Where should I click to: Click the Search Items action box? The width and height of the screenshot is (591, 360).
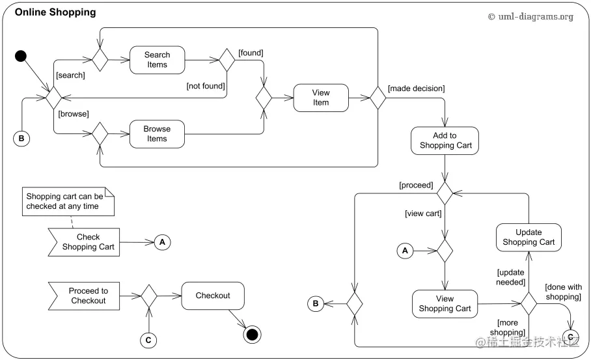tap(157, 60)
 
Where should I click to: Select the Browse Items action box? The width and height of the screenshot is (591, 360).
tap(157, 134)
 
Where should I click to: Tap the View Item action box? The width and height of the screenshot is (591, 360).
tap(321, 98)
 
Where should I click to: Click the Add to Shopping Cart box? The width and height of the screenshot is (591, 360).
tap(445, 141)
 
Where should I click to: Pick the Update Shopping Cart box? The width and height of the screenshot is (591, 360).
tap(529, 238)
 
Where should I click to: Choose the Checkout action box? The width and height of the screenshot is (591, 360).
tap(213, 296)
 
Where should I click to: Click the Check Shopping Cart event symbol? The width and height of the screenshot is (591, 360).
tap(84, 242)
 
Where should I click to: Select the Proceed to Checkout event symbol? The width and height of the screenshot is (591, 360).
tap(84, 296)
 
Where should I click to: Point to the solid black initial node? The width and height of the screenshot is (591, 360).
tap(21, 56)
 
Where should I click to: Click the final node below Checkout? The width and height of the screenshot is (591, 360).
tap(252, 335)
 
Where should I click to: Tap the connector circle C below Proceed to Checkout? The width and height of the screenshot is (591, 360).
tap(148, 340)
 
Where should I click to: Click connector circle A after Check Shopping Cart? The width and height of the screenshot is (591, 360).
tap(163, 242)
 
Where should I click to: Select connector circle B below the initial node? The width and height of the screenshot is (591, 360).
tap(21, 139)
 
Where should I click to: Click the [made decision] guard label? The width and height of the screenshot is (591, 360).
tap(417, 88)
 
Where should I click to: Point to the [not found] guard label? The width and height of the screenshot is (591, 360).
tap(206, 86)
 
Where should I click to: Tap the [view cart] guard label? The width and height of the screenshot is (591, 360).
tap(423, 214)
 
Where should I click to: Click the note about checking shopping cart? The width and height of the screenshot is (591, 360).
tap(68, 201)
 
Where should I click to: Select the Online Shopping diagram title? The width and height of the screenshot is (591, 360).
tap(55, 12)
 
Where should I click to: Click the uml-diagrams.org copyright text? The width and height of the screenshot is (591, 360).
tap(530, 16)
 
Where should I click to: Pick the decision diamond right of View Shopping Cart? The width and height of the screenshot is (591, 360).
tap(529, 303)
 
